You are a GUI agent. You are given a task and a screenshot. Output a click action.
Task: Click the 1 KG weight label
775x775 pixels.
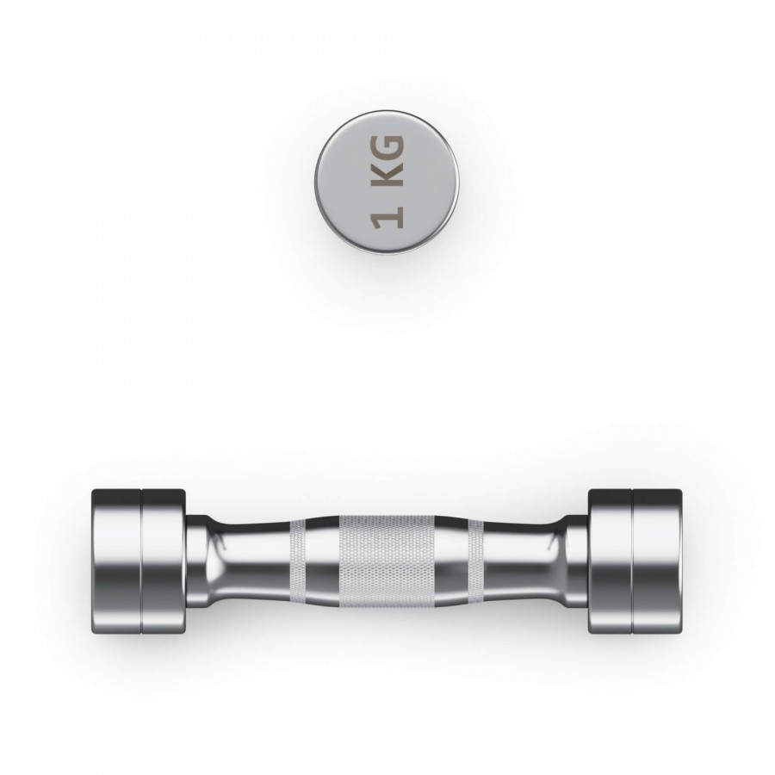pos(387,181)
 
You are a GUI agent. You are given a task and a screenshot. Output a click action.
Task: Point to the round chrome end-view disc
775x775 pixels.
pos(387,182)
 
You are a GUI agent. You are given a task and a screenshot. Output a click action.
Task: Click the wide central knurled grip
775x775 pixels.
pos(387,561)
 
